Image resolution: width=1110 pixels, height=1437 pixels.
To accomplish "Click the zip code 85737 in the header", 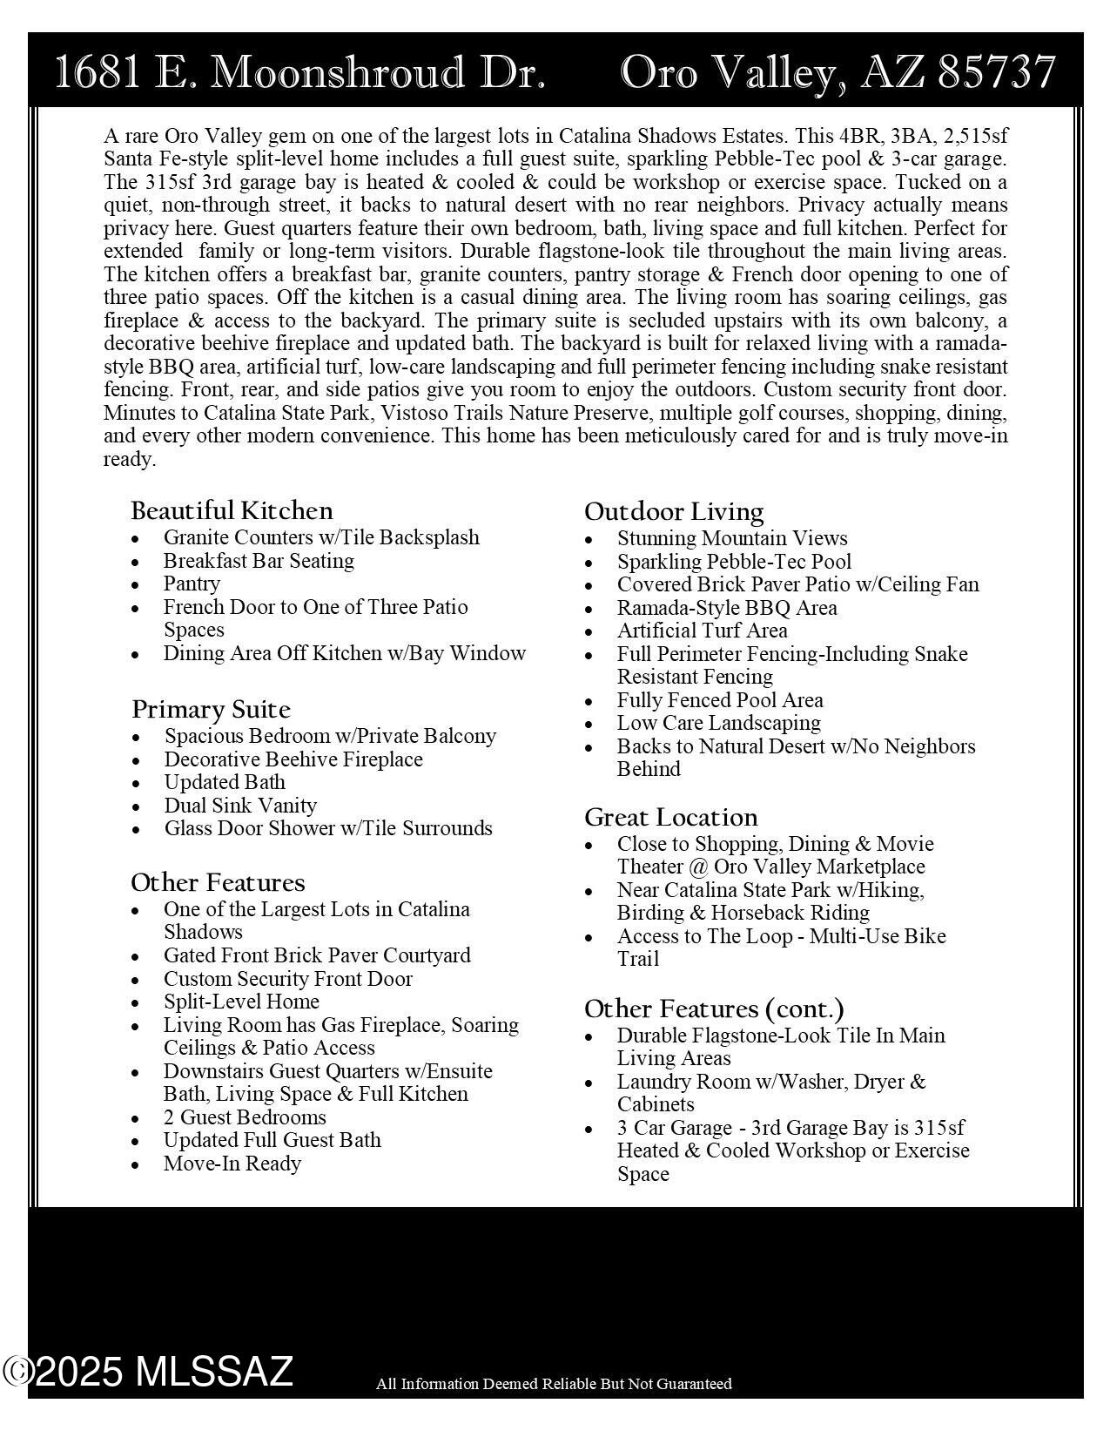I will tap(997, 72).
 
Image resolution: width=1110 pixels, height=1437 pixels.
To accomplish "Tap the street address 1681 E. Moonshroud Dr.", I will tap(299, 72).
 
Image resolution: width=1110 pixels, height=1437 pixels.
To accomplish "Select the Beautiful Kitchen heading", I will tap(232, 510).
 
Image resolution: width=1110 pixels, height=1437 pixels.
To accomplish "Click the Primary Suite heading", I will tap(211, 709).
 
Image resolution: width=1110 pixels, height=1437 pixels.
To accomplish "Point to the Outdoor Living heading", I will tap(674, 511).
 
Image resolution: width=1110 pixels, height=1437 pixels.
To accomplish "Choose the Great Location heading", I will tap(670, 817).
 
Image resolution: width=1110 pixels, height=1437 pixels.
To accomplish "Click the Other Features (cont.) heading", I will tap(714, 1009).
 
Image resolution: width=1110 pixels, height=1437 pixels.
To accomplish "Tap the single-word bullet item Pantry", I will tap(192, 584).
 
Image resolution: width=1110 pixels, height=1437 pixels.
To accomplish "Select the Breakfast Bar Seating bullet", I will tap(259, 561).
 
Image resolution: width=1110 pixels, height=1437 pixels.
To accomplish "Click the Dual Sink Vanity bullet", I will tap(240, 806).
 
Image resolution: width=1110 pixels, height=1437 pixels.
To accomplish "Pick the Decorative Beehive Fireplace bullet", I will tap(293, 759).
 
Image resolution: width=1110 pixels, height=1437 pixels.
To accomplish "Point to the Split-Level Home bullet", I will tap(241, 1002).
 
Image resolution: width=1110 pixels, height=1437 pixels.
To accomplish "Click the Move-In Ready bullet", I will tap(232, 1164).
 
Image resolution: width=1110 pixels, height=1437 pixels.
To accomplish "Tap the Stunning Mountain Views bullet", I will tap(732, 538).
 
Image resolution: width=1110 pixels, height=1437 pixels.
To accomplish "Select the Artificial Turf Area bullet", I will tap(702, 631).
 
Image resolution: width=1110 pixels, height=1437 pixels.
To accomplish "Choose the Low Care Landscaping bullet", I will tap(718, 723).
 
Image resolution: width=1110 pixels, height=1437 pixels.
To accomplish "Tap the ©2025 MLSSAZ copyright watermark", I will tap(148, 1372).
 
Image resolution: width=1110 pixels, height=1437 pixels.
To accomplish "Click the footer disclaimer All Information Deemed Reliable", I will tap(554, 1384).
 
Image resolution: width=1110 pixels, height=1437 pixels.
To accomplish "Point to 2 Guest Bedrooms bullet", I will tap(245, 1117).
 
